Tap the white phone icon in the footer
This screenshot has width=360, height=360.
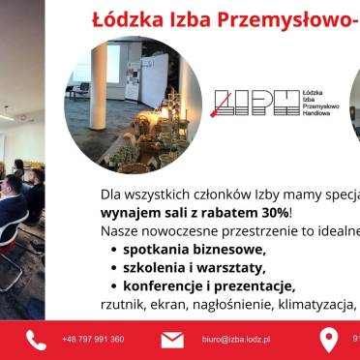pyautogui.click(x=36, y=340)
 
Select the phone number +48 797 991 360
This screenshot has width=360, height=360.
pyautogui.click(x=93, y=340)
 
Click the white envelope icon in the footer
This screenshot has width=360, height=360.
pyautogui.click(x=172, y=340)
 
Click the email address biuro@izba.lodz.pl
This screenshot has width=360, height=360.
pyautogui.click(x=235, y=340)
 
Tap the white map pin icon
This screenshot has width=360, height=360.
pyautogui.click(x=329, y=340)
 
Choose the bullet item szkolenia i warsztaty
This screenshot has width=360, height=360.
pyautogui.click(x=193, y=267)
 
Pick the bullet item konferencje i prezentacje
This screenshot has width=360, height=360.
pyautogui.click(x=207, y=285)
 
